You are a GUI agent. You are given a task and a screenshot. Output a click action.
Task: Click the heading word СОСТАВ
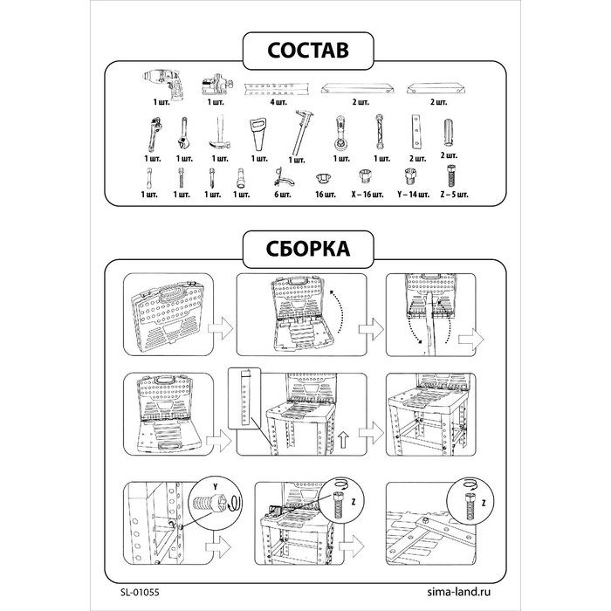point(308,51)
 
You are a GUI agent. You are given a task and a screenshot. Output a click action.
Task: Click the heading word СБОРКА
point(308,249)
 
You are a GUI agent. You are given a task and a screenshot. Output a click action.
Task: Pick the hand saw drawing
point(258,134)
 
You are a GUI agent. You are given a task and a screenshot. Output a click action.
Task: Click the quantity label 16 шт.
point(325,194)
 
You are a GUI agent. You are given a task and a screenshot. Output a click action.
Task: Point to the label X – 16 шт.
point(367,194)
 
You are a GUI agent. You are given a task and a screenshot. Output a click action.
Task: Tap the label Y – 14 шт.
point(414,194)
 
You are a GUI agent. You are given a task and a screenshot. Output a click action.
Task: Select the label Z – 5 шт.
point(455,194)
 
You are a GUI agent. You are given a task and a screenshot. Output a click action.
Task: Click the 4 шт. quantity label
point(278,102)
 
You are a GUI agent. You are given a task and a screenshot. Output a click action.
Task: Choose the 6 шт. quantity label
point(283,194)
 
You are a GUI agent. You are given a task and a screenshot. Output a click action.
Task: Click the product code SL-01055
point(140,593)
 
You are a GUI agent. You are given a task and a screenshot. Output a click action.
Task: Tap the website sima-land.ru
point(458,592)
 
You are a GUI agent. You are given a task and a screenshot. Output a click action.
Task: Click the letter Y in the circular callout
point(215,487)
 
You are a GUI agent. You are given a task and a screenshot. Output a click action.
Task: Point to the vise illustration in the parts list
point(217,84)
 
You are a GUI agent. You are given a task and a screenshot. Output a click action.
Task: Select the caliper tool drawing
point(302,133)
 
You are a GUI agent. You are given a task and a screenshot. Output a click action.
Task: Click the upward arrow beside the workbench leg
point(343,440)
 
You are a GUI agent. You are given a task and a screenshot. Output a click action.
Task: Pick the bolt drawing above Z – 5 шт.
point(451,176)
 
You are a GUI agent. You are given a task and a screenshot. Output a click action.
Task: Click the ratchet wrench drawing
point(340,133)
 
